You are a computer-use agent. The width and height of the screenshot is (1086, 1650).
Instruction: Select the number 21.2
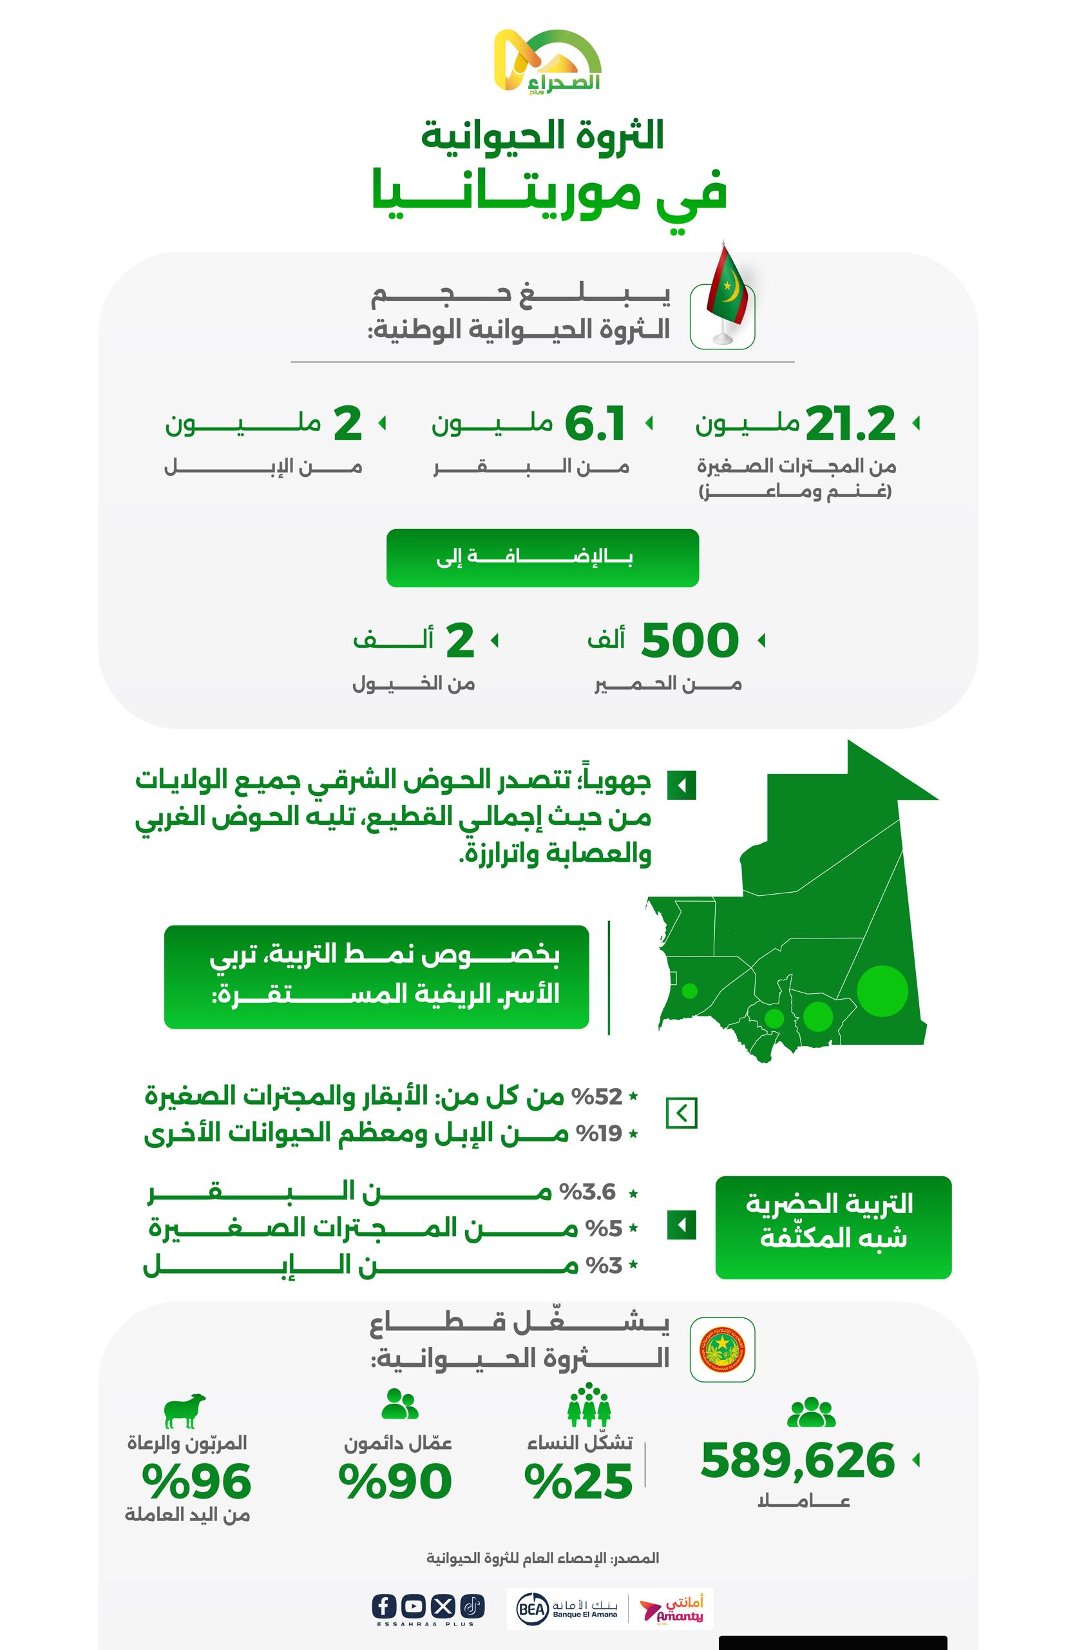[x=850, y=423]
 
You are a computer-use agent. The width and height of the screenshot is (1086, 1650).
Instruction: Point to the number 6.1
[x=595, y=423]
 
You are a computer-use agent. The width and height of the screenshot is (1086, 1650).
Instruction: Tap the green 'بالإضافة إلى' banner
[x=542, y=558]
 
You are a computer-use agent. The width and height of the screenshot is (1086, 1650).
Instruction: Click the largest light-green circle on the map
[x=882, y=991]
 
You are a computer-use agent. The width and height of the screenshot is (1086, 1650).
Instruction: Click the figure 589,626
[x=797, y=1461]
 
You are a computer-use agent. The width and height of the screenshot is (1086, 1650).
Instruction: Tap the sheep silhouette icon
[x=185, y=1411]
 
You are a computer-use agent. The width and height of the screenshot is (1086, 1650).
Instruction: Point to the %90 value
[x=395, y=1482]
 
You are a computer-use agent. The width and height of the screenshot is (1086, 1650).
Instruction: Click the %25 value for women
[x=579, y=1482]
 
